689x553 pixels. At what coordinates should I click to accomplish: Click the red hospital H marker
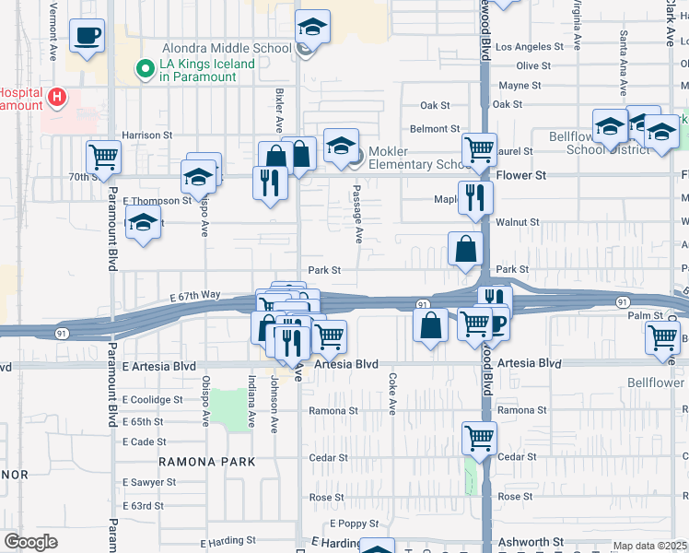(x=57, y=97)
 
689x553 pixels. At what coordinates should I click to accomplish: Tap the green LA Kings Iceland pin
(x=145, y=67)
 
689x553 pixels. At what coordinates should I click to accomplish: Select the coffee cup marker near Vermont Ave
(x=88, y=37)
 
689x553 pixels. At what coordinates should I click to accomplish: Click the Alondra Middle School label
(x=227, y=48)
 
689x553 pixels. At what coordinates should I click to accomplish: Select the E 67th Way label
(x=195, y=295)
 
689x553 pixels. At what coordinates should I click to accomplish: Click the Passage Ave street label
(x=356, y=214)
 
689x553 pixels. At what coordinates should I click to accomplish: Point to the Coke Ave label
(x=391, y=393)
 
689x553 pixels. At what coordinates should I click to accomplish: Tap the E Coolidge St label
(x=153, y=400)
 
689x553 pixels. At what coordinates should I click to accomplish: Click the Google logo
(x=30, y=542)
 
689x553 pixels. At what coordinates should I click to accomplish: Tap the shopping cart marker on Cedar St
(x=480, y=438)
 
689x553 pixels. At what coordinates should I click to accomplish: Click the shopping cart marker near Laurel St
(x=480, y=148)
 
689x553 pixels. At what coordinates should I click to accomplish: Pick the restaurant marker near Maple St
(x=475, y=196)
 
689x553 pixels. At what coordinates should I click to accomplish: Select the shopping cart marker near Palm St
(x=663, y=337)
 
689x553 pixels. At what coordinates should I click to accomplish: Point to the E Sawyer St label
(x=148, y=482)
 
